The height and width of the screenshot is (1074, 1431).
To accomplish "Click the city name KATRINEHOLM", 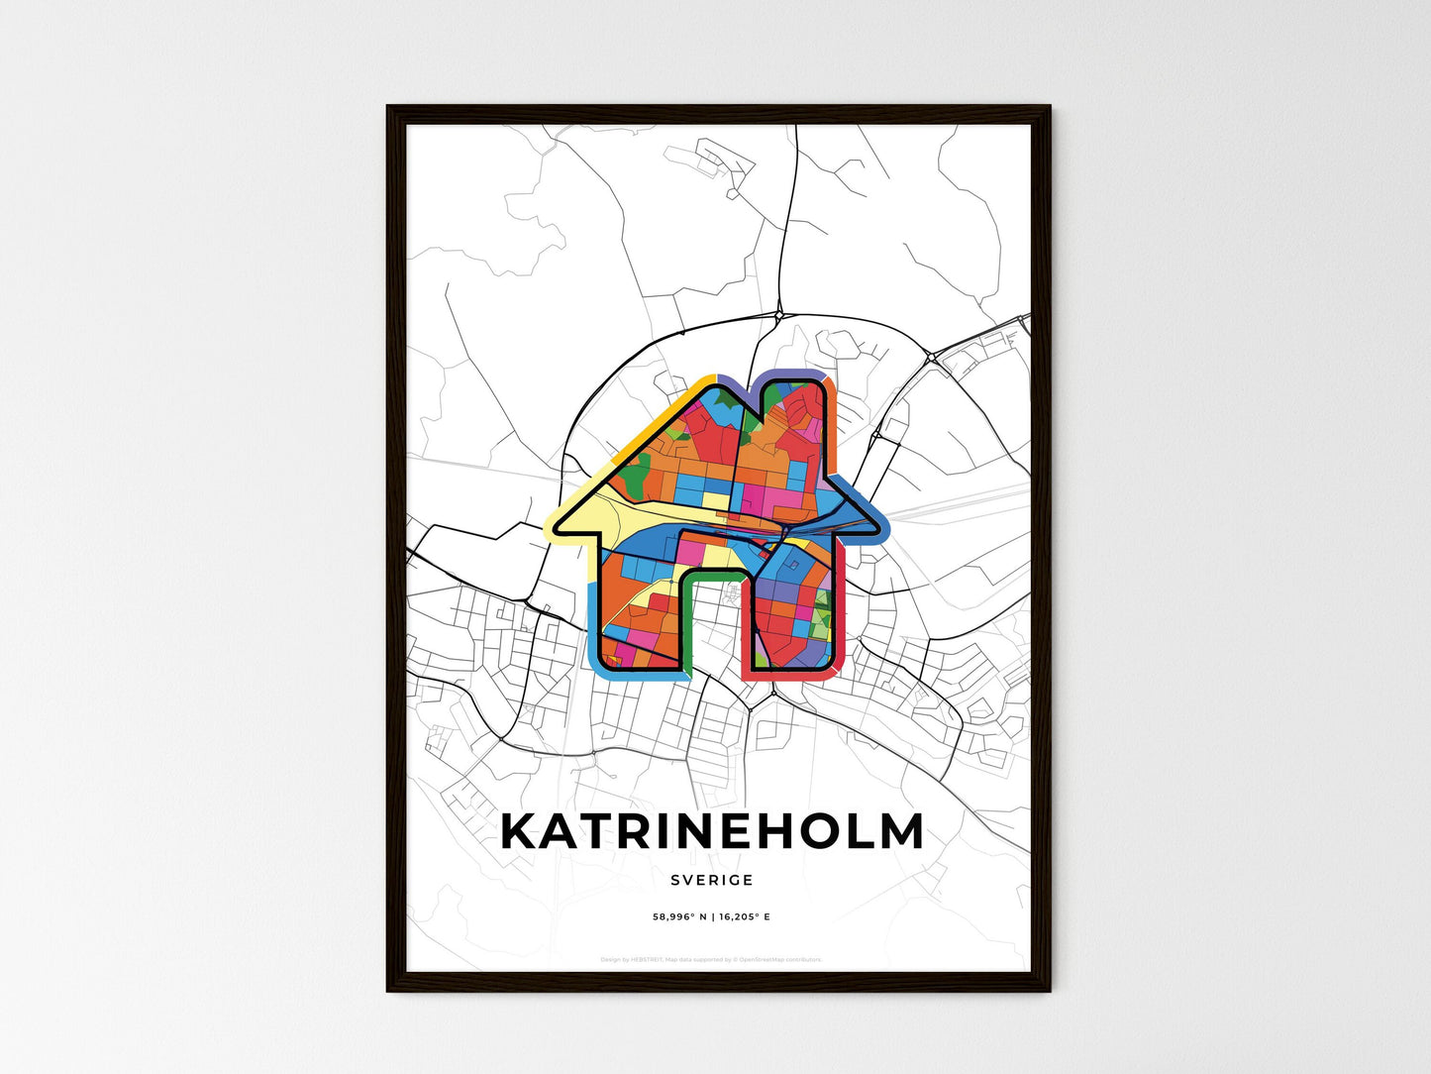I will point(712,832).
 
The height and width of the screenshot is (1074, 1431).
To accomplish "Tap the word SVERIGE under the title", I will point(711,880).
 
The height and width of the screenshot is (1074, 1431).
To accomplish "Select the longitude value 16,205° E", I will point(743,917).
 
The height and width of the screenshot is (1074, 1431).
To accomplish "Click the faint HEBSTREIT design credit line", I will point(711,959).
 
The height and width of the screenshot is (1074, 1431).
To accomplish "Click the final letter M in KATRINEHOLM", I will point(901,832).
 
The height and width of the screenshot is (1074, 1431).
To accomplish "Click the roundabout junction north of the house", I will point(779,315).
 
